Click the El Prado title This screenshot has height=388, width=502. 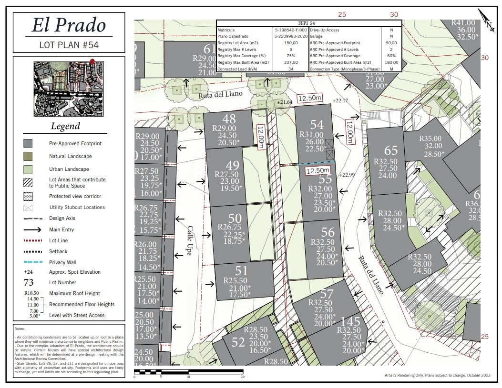tap(69, 25)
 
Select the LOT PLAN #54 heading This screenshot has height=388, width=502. tap(69, 45)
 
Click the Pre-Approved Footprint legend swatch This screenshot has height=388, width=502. tap(28, 143)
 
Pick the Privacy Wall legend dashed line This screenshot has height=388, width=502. tap(31, 262)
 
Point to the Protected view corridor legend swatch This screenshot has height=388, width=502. tap(28, 196)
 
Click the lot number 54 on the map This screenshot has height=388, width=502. tap(317, 125)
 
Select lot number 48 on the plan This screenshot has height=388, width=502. tap(229, 119)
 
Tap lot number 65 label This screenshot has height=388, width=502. tap(391, 151)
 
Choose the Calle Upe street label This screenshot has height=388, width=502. tap(189, 240)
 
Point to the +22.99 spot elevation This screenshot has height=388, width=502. tap(347, 175)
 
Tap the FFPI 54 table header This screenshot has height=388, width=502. tap(309, 23)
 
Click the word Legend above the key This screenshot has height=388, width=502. tap(66, 127)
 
